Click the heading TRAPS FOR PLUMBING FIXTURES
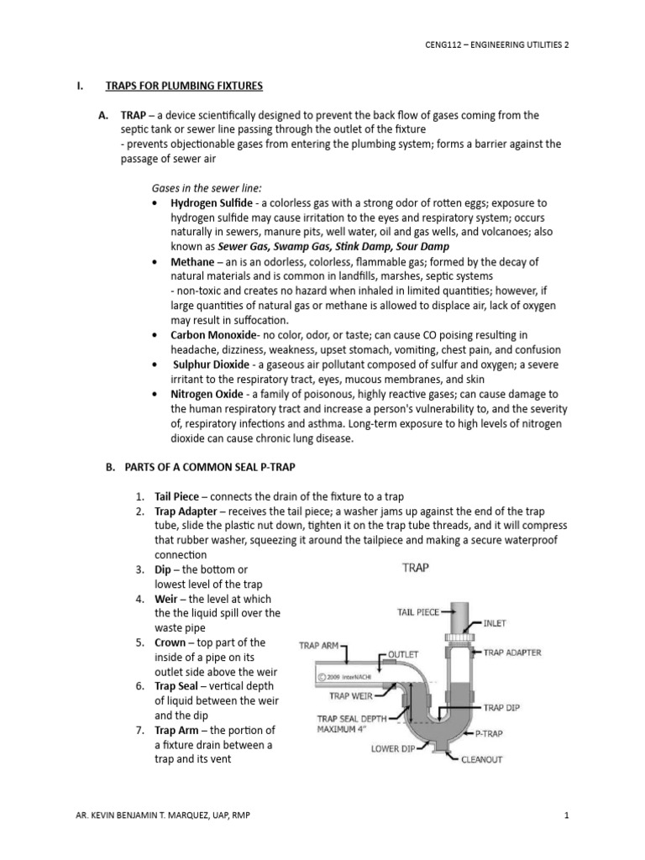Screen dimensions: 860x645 coord(183,86)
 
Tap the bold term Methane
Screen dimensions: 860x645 coord(193,262)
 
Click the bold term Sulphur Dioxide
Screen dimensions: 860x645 coord(211,364)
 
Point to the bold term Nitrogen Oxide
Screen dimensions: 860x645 coord(208,394)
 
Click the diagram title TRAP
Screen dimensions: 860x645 coord(416,568)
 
